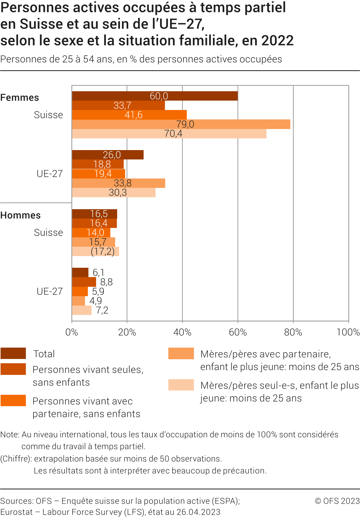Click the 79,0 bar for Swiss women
181,124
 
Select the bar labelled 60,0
155,96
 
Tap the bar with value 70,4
169,134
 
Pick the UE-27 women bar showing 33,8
118,183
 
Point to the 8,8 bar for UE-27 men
84,282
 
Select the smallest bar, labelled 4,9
78,301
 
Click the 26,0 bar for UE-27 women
107,155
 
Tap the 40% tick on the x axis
182,332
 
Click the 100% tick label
348,332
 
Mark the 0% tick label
72,332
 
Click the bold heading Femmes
20,97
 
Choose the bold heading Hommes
20,215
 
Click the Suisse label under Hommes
48,232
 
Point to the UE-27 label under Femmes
50,174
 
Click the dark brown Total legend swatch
13,353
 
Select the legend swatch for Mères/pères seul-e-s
181,385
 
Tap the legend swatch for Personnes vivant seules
13,369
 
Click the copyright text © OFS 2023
337,501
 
